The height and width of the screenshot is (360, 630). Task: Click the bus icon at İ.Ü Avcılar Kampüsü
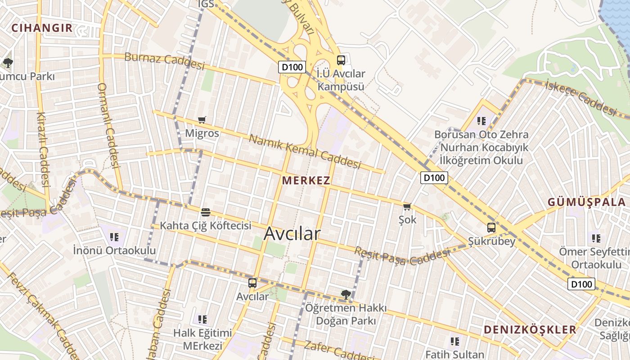point(341,60)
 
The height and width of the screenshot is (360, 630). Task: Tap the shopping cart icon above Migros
point(202,120)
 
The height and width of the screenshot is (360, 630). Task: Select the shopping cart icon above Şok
point(407,207)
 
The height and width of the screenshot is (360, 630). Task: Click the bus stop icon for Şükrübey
point(491,228)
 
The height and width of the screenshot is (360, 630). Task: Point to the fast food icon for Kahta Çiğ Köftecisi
point(206,212)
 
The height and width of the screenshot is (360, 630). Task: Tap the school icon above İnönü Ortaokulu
point(114,237)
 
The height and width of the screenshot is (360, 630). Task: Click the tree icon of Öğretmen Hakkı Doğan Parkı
point(346,295)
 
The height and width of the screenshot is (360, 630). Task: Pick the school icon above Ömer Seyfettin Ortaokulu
point(596,238)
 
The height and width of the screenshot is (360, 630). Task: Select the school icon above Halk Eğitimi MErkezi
point(202,319)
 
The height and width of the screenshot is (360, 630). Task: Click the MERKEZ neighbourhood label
point(306,181)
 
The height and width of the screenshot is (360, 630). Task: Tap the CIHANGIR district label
point(42,28)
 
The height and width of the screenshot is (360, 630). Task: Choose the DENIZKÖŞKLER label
point(530,329)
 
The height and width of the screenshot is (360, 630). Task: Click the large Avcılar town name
point(292,234)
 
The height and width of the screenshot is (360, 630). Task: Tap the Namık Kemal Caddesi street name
point(305,152)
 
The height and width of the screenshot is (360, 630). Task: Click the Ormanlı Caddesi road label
point(108,125)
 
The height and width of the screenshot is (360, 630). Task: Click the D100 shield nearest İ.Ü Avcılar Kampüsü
point(292,67)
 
